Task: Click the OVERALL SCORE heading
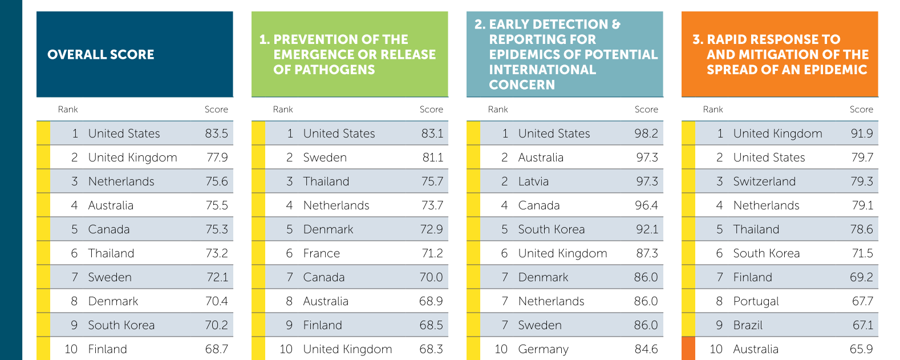[x=101, y=55]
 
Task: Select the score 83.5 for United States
[x=216, y=134]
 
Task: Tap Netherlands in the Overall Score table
[x=121, y=181]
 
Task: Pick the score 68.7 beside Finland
[x=216, y=349]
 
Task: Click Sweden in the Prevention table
[x=325, y=157]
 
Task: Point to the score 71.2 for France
[x=432, y=253]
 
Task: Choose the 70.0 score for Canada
[x=431, y=277]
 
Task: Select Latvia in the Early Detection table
[x=533, y=181]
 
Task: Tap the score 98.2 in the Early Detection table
[x=646, y=134]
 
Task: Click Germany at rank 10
[x=543, y=349]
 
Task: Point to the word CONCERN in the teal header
[x=522, y=84]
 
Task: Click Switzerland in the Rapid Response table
[x=764, y=181]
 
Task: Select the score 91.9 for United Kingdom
[x=861, y=134]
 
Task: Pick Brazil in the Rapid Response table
[x=748, y=325]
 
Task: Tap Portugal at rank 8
[x=756, y=301]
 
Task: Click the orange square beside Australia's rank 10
[x=688, y=349]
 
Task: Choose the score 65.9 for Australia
[x=861, y=349]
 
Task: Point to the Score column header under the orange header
[x=861, y=110]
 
